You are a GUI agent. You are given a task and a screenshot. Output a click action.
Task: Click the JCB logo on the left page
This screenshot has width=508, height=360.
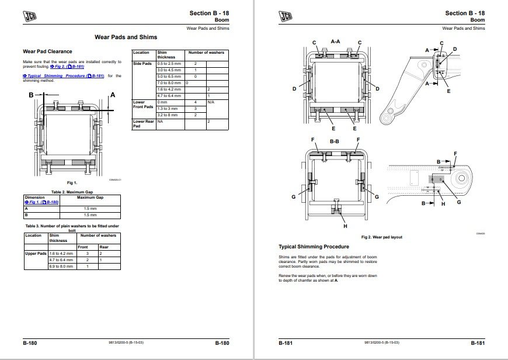(29, 16)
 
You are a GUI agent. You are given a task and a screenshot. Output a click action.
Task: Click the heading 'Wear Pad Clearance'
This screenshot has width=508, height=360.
(47, 51)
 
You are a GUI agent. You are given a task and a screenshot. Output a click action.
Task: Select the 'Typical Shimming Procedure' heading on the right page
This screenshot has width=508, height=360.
(314, 247)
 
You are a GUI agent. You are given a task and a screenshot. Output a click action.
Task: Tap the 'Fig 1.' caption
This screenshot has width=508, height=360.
(72, 183)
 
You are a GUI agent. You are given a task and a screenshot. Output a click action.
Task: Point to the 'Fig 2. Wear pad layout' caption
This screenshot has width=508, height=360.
(382, 237)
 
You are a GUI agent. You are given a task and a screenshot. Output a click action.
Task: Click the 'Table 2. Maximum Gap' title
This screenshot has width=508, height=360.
(72, 192)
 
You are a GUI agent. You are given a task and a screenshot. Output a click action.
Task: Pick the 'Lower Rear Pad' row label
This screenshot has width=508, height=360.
(144, 123)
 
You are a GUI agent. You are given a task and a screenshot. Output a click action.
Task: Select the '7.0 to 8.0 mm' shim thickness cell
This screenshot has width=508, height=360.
(169, 82)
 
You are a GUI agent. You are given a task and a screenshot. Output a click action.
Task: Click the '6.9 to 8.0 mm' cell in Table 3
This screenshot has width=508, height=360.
(61, 266)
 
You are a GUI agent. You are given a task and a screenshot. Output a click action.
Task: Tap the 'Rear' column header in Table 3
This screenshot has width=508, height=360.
(104, 247)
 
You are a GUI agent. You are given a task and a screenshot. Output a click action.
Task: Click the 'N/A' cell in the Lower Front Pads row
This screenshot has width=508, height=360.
(211, 102)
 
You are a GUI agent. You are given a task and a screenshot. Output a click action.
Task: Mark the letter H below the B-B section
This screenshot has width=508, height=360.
(345, 226)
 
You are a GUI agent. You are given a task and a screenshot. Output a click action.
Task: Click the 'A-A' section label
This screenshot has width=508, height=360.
(335, 42)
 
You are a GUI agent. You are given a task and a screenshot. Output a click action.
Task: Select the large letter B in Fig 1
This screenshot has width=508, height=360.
(30, 94)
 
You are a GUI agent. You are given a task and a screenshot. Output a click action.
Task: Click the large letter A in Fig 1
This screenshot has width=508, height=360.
(112, 94)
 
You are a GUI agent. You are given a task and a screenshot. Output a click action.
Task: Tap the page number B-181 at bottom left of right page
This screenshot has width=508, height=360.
(286, 342)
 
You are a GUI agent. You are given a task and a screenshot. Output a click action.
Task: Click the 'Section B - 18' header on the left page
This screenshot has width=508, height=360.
(209, 13)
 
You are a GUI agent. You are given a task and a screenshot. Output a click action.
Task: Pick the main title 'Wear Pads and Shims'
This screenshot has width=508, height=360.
(126, 37)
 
